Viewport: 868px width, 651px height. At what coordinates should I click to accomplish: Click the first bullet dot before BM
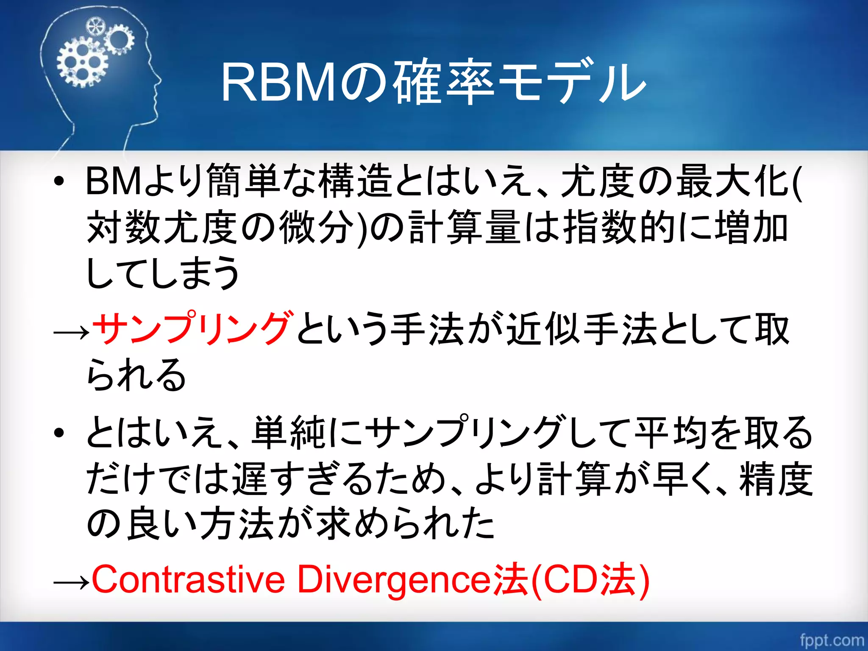click(x=59, y=181)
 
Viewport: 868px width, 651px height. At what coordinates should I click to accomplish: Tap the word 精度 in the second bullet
click(x=776, y=479)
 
